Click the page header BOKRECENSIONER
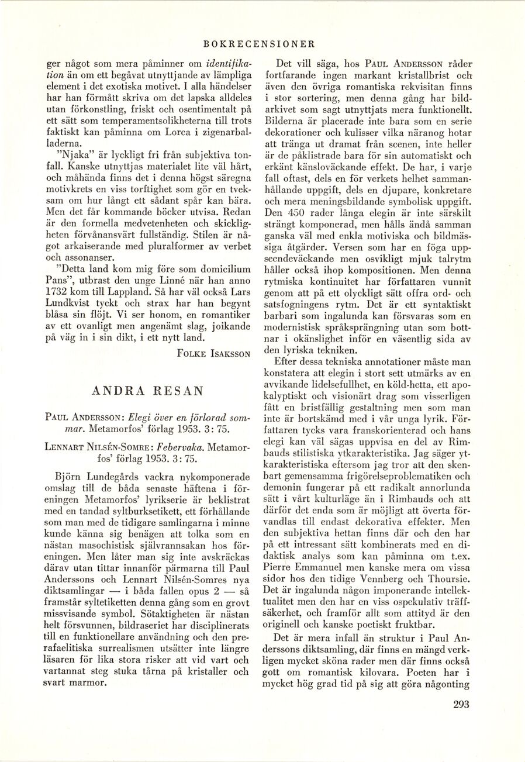260,43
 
